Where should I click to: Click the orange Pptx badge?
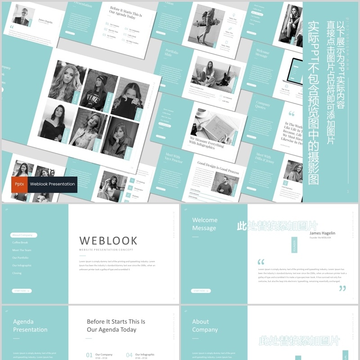(x=19, y=184)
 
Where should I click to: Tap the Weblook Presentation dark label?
(x=52, y=184)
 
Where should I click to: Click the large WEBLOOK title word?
(x=108, y=241)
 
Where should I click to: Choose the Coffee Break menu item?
(x=21, y=243)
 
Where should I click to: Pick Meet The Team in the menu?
(x=22, y=250)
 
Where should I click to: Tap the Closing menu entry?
(x=17, y=273)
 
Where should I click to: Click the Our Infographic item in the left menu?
(x=22, y=265)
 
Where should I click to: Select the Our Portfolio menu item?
(x=20, y=258)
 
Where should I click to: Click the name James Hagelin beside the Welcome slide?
(x=322, y=233)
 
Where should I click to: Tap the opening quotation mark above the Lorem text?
(x=261, y=262)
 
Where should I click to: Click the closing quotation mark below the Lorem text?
(x=342, y=288)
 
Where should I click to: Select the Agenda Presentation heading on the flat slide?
(x=30, y=326)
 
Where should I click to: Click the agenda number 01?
(x=89, y=355)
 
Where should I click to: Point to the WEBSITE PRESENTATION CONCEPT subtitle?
(x=106, y=250)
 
